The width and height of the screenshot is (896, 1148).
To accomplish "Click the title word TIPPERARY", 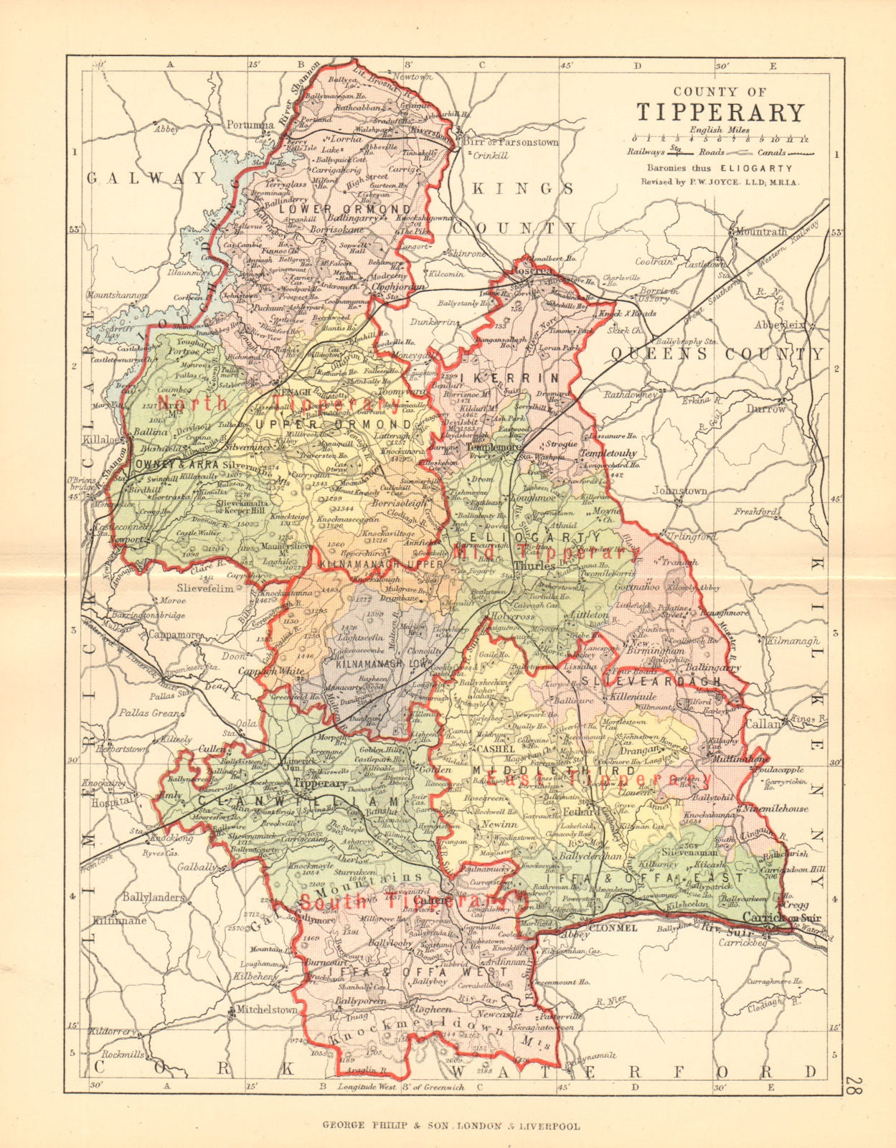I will click(x=720, y=113).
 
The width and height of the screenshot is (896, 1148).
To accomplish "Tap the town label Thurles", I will click(x=533, y=566).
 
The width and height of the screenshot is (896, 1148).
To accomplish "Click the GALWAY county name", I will click(x=146, y=178).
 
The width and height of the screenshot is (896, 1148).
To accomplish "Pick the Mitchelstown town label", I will click(x=263, y=1010).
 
